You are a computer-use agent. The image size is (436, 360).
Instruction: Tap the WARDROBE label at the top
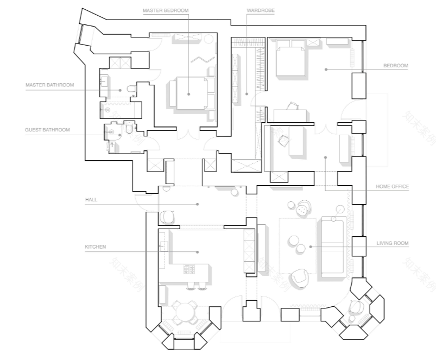260,10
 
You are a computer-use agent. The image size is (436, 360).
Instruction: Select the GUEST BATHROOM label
47,130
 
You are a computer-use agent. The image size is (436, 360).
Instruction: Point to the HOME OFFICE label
392,186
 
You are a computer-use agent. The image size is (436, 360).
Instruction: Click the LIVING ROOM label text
392,244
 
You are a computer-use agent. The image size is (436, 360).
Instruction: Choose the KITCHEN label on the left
95,247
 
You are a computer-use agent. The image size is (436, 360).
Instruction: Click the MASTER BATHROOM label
49,85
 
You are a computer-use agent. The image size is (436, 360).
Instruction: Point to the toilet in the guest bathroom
128,130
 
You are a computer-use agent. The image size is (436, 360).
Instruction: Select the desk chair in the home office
283,140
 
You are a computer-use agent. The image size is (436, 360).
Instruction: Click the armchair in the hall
168,217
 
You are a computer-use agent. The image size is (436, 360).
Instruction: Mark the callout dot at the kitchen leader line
198,251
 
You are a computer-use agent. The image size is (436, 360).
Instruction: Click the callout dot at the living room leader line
311,248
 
